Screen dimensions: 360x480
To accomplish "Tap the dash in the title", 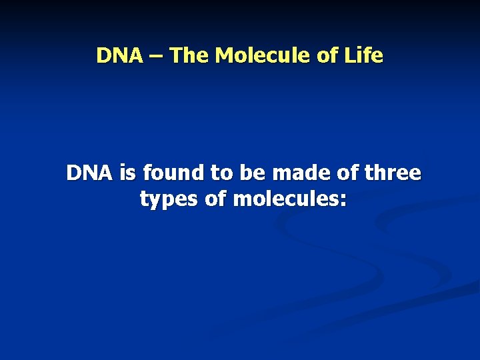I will click(x=156, y=56).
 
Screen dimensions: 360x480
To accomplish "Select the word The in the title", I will click(x=189, y=55).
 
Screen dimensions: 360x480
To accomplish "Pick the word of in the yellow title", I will click(x=327, y=55).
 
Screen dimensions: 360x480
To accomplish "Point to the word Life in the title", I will click(x=363, y=55).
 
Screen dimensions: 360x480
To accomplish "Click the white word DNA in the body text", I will click(x=90, y=173).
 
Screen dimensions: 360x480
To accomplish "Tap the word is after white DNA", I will click(x=127, y=173).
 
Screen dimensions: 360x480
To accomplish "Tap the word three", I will click(x=392, y=173).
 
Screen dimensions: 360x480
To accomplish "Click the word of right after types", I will click(x=215, y=199).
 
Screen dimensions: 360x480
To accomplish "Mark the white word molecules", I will click(x=285, y=199).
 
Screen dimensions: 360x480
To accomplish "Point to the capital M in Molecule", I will click(x=226, y=55).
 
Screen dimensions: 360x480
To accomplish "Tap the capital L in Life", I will click(x=349, y=55).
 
